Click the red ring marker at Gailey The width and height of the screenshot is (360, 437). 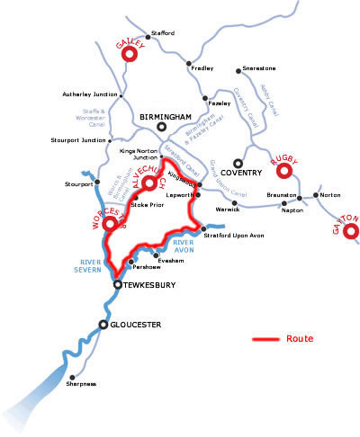(128, 54)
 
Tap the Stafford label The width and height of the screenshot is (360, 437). (162, 33)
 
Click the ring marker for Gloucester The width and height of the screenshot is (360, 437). (104, 324)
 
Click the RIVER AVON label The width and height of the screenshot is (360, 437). (183, 248)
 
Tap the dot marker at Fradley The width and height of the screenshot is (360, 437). (188, 65)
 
